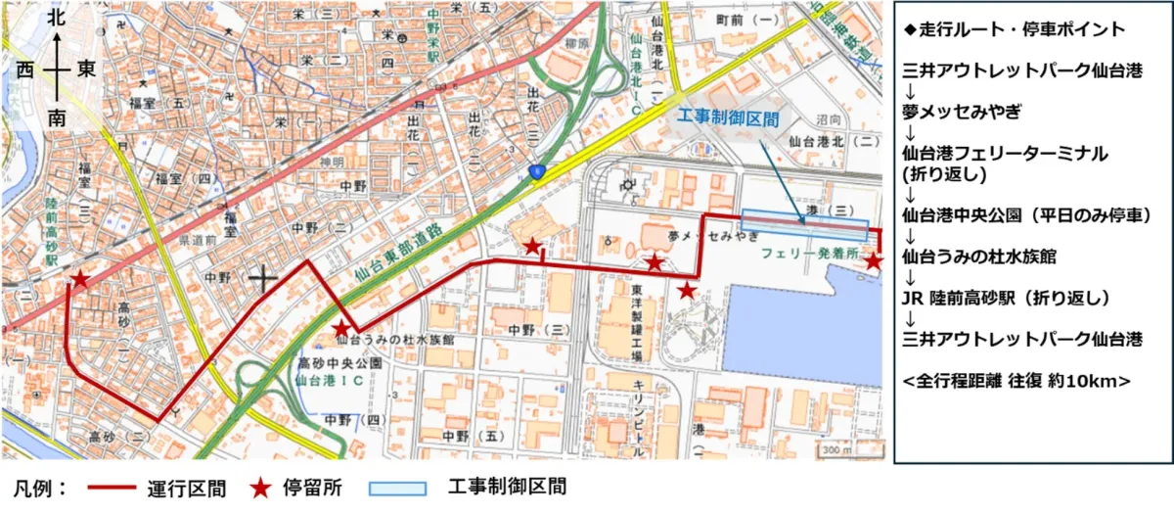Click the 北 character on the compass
58,17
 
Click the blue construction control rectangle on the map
804,224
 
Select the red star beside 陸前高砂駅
79,280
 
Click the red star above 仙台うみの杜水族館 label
341,328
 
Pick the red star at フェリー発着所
874,260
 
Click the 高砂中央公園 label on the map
339,362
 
